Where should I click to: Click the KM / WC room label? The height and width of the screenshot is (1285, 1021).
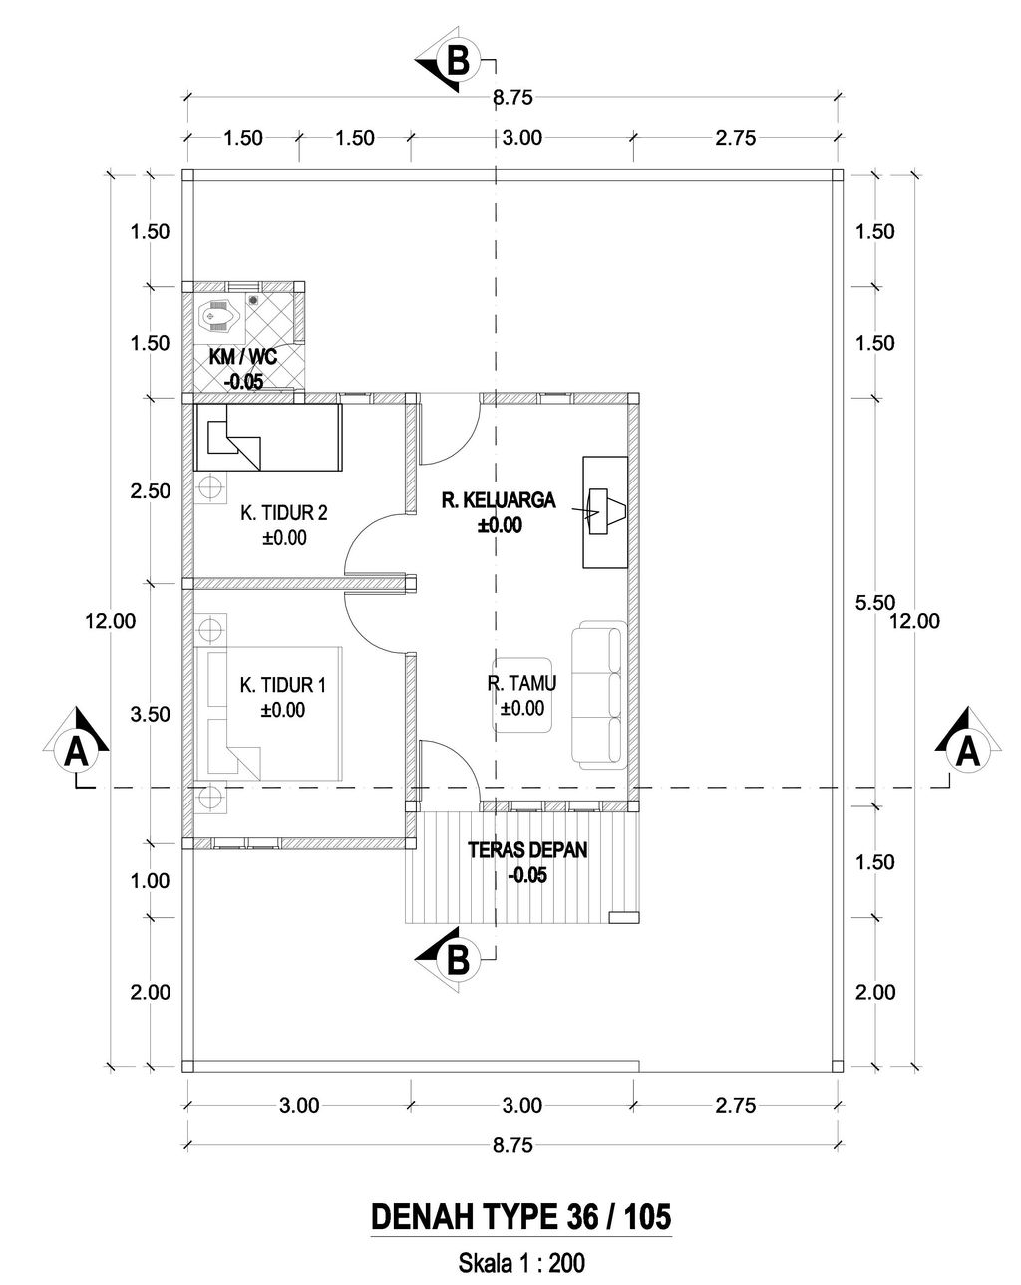pos(242,357)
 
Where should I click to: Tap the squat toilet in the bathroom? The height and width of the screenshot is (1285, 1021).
pos(218,314)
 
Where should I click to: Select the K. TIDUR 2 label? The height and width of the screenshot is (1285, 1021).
pos(284,512)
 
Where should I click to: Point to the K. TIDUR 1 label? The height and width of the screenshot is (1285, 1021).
pos(282,684)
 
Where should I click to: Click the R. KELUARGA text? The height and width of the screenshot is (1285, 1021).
pos(498,500)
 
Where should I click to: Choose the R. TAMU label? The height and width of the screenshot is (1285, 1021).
pos(520,683)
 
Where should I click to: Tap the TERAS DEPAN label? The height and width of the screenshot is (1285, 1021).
pos(526,849)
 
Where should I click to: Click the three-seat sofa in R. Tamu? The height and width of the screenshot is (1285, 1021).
pos(598,694)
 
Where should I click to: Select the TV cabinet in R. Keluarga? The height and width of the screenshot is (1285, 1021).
pos(604,511)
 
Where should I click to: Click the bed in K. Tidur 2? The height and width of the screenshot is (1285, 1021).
pos(268,437)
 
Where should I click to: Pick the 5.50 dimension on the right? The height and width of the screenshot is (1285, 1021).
pos(874,602)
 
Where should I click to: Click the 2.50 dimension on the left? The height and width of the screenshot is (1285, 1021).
pos(150,491)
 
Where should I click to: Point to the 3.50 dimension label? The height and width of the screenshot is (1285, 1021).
pos(150,714)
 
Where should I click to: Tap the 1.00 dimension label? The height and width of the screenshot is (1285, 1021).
pos(150,880)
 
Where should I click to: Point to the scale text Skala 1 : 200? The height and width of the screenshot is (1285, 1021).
pos(521,1262)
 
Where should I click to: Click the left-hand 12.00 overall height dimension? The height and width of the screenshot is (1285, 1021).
pos(110,621)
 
